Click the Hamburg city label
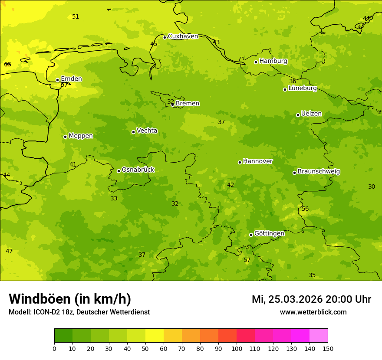tap(273, 61)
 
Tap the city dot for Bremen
tap(172, 105)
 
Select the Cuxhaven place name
tap(183, 36)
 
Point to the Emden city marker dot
tap(57, 80)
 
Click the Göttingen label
tap(269, 233)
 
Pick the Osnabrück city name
tap(138, 170)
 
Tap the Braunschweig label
tap(319, 172)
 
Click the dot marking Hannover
tap(240, 162)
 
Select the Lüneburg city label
tap(303, 88)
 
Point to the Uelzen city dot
tap(298, 115)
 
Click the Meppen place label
tap(81, 136)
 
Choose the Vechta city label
tap(147, 131)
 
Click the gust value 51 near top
tap(76, 17)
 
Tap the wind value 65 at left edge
tap(7, 65)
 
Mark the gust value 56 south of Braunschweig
tap(305, 209)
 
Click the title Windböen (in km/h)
tap(70, 299)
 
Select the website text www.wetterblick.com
tap(313, 312)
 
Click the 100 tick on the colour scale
tap(237, 348)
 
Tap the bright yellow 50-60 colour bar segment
tap(155, 336)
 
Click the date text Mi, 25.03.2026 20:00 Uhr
tap(311, 299)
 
